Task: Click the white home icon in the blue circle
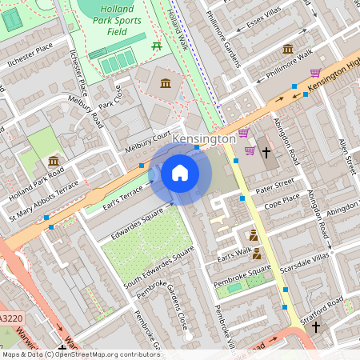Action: pos(180,173)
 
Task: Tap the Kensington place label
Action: pos(204,139)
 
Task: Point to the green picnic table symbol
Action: pos(157,46)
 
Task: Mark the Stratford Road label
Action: pos(325,305)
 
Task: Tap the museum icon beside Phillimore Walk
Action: pos(287,50)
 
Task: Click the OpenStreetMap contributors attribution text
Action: pos(80,354)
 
